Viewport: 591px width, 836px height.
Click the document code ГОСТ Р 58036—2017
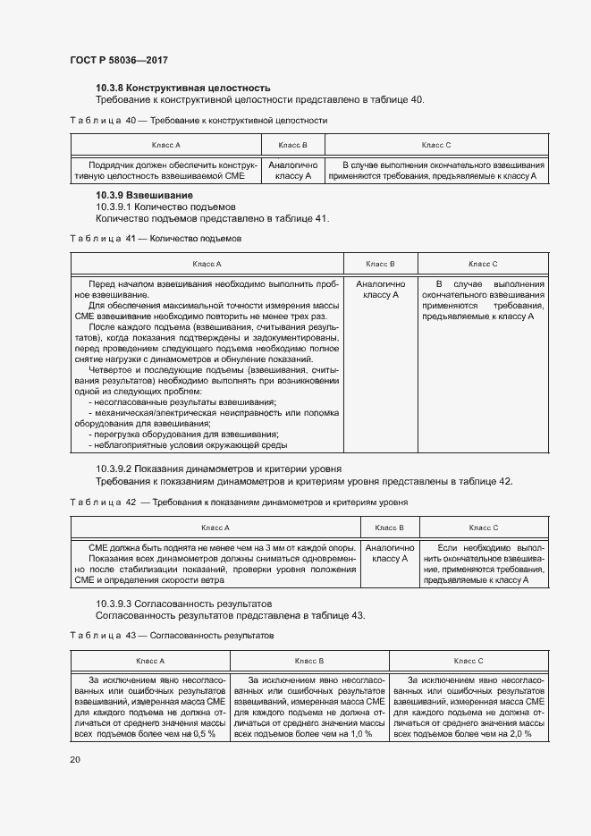tap(118, 60)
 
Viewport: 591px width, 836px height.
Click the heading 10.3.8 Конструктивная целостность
tap(183, 88)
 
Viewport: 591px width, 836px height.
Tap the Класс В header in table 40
tap(292, 144)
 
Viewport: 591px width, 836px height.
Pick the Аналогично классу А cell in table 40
tap(292, 171)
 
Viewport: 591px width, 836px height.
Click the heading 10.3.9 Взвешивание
tap(144, 195)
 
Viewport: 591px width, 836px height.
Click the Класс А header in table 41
tap(207, 264)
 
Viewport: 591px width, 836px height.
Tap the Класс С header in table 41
tap(483, 264)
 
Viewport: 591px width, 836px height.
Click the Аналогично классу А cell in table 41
tap(382, 289)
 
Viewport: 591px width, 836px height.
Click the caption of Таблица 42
tap(238, 502)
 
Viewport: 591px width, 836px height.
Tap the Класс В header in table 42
tap(389, 528)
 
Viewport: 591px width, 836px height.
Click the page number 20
tap(74, 759)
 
